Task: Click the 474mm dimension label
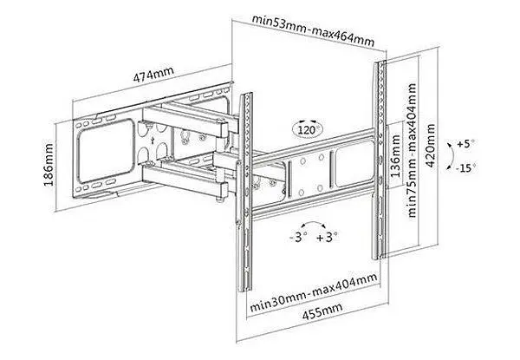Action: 153,75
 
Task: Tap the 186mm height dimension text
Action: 49,165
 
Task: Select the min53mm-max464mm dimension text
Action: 314,30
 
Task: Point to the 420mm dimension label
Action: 430,146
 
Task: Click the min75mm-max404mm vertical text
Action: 412,150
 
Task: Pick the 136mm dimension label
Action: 395,156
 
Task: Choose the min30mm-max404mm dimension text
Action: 314,292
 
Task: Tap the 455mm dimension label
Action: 322,311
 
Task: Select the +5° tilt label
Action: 465,144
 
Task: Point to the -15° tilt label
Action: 466,168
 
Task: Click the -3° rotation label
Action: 298,237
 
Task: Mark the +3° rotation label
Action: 327,237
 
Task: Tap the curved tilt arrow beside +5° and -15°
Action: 452,156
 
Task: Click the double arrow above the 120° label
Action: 307,121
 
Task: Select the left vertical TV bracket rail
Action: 245,193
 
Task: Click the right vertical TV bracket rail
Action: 380,160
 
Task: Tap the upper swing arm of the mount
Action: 185,121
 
